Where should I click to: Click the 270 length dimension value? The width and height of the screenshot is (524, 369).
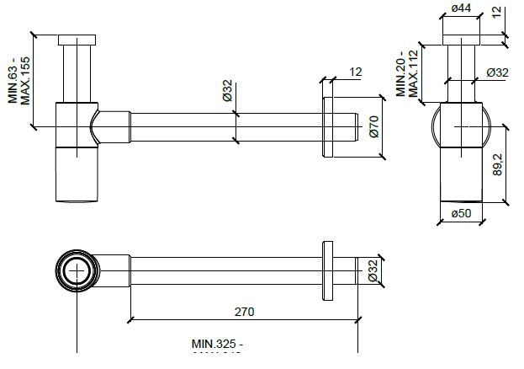(244, 312)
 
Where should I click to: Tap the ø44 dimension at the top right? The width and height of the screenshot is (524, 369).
(460, 8)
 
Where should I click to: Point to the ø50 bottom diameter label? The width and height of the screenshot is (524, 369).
(461, 213)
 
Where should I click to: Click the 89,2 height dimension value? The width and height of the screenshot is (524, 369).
(498, 164)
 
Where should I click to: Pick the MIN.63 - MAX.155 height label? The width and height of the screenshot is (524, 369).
(19, 80)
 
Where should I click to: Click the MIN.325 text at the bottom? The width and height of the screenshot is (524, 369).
(217, 344)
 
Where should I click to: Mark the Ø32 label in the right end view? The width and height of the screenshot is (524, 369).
(497, 72)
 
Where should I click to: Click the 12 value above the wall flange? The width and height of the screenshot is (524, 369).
(355, 72)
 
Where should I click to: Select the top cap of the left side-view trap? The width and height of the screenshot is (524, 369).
(78, 40)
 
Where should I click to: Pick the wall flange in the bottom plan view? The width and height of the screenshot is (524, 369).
(327, 271)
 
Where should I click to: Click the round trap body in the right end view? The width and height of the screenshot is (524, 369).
(461, 125)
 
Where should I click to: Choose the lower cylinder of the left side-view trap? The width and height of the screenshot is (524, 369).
(77, 174)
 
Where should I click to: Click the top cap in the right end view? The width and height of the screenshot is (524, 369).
(460, 39)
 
